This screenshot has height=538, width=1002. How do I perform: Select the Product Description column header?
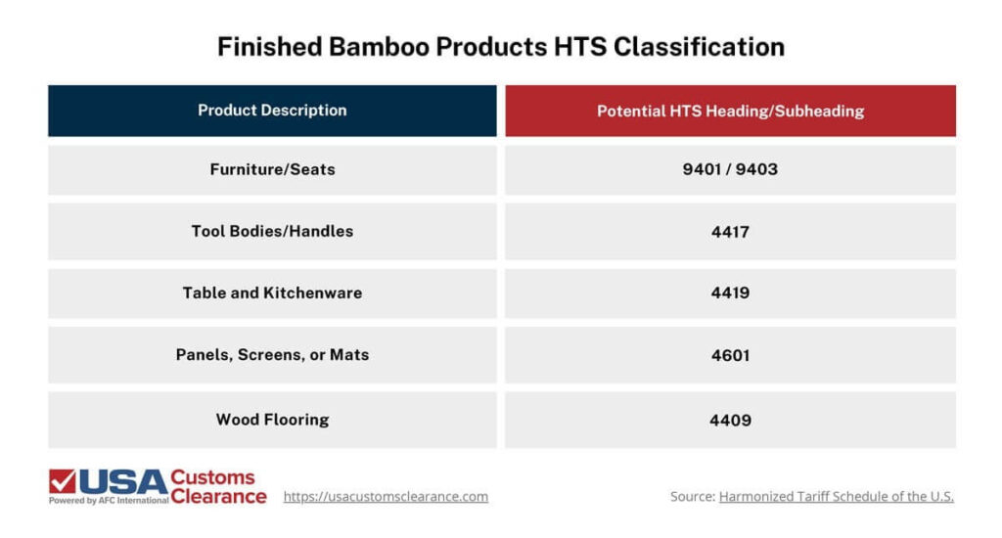point(272,111)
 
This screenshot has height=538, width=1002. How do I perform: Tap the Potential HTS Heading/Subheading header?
point(730,111)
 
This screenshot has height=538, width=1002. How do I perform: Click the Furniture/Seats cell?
point(272,169)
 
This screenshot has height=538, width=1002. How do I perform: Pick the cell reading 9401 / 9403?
point(730,169)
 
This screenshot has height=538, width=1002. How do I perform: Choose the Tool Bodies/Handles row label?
point(272,232)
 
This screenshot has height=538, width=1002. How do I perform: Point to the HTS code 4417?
point(730,232)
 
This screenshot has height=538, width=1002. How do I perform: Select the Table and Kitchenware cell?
point(272,292)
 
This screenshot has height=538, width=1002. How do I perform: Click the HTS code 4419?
point(730,292)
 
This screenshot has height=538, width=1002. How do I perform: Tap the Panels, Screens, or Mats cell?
point(272,355)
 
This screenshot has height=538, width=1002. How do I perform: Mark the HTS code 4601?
point(730,355)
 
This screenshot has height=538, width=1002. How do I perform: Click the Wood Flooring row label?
point(272,420)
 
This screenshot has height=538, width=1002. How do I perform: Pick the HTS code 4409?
point(730,420)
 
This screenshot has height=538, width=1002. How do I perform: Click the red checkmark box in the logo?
point(62,481)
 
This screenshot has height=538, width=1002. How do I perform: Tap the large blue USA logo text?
point(121,481)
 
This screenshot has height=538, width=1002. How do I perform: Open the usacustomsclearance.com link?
point(386,497)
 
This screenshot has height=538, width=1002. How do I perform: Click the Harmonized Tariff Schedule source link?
point(836,497)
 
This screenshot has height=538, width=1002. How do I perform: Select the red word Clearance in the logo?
point(218,496)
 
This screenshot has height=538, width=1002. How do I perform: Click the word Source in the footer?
point(692,497)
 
